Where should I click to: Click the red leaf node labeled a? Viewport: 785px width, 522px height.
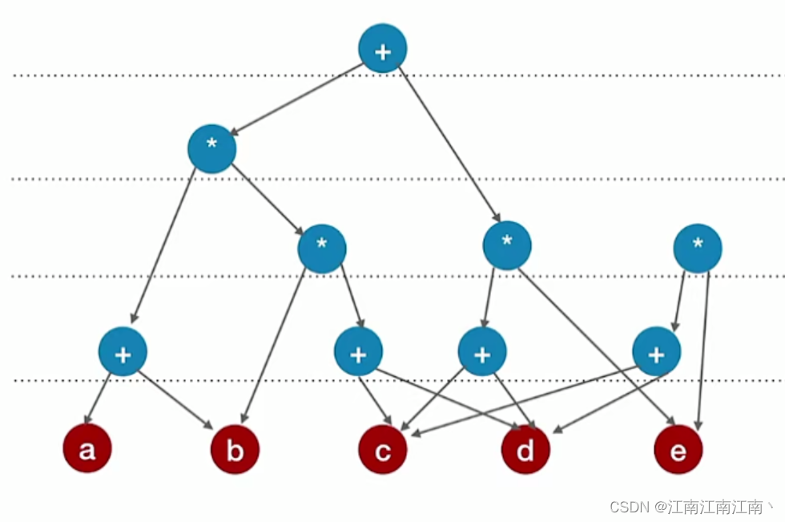point(87,450)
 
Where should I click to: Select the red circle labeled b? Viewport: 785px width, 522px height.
point(235,451)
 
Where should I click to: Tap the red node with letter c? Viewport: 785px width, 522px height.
point(383,451)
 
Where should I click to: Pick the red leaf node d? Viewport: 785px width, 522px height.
point(525,451)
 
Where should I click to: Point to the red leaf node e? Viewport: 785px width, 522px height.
point(678,451)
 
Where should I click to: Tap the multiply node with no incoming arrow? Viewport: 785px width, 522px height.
point(698,248)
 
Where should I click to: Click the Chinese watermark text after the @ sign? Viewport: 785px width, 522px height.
point(717,507)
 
